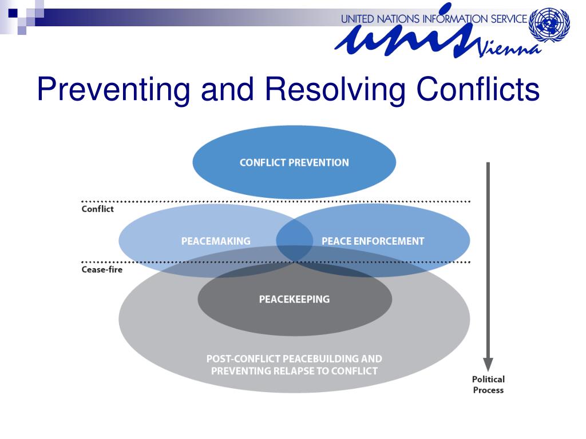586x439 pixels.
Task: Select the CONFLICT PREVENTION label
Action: [x=294, y=162]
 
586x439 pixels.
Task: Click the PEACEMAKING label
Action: [x=216, y=241]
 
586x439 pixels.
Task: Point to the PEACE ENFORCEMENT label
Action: [x=373, y=241]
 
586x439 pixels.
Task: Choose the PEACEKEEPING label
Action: [x=294, y=299]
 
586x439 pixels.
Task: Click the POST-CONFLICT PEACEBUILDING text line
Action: [x=294, y=359]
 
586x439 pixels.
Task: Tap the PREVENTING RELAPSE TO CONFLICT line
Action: [x=294, y=371]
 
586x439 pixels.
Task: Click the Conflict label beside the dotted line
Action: [x=97, y=209]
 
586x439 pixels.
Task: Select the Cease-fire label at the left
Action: [x=102, y=269]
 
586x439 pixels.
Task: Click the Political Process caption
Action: [x=488, y=384]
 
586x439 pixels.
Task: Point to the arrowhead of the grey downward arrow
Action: [x=488, y=364]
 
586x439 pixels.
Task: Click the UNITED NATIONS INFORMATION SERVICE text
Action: [x=433, y=19]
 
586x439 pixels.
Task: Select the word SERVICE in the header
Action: [x=504, y=19]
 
